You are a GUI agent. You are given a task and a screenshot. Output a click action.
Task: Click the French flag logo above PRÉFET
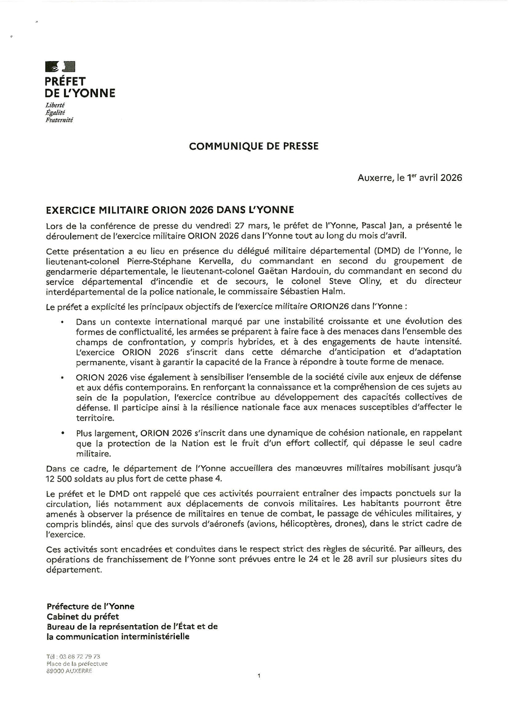(x=60, y=67)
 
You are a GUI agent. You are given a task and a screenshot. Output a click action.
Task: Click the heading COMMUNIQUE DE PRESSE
(x=253, y=146)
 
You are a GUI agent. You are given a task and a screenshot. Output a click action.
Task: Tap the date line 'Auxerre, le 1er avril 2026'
(x=409, y=177)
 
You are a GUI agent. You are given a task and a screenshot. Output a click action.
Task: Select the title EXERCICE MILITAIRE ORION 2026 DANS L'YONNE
(x=170, y=210)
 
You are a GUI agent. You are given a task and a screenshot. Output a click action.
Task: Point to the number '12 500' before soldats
(x=59, y=478)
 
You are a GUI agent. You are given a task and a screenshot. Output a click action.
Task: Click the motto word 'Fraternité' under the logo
(x=59, y=120)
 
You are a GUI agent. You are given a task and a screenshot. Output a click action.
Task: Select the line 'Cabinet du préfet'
(x=83, y=617)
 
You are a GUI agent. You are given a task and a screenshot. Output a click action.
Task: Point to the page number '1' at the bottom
(x=258, y=675)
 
